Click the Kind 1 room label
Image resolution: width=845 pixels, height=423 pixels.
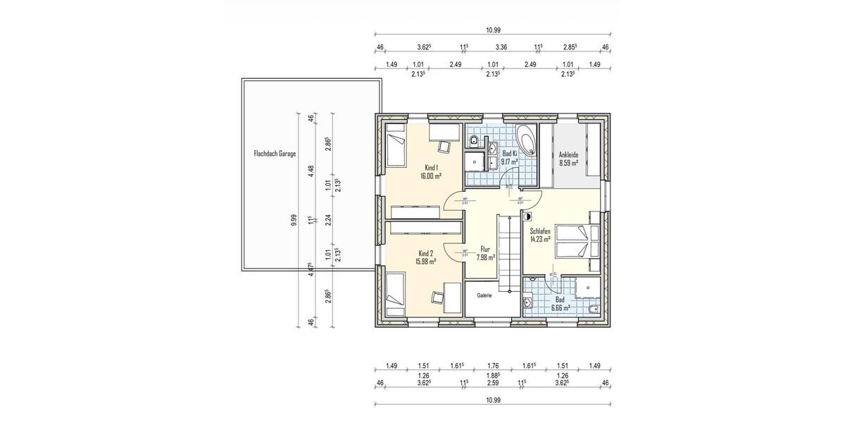tap(432, 172)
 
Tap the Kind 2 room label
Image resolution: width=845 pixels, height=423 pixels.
tap(426, 257)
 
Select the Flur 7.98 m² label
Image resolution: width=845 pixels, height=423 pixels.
tap(485, 253)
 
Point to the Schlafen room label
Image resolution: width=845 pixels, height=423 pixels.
tap(541, 234)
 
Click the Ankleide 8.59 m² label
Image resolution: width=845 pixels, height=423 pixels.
tap(568, 158)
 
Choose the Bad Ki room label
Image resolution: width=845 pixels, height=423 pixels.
tap(509, 157)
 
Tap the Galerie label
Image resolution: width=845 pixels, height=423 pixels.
tap(484, 295)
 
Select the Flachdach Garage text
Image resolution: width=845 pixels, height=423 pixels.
tap(275, 153)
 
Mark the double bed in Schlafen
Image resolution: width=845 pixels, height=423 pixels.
tap(577, 241)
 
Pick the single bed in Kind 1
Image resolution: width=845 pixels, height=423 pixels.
tap(396, 147)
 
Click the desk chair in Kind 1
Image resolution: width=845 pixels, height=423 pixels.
tap(445, 146)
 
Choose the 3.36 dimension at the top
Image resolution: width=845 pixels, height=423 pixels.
tap(501, 47)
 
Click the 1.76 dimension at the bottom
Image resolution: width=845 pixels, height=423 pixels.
tap(492, 365)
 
